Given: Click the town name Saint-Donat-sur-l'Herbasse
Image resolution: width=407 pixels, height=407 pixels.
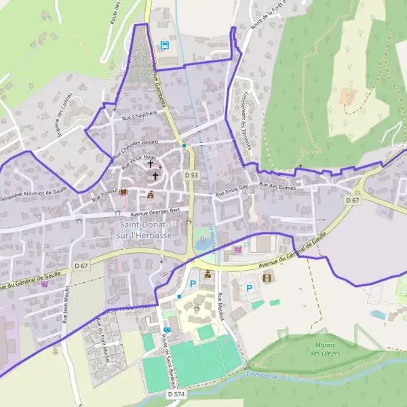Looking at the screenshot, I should click(146, 229).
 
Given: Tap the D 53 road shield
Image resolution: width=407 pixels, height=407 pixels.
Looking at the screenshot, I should click(192, 176).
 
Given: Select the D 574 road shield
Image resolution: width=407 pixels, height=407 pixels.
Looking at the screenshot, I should click(176, 393).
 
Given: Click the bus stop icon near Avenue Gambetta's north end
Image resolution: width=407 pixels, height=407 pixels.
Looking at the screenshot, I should click(165, 45).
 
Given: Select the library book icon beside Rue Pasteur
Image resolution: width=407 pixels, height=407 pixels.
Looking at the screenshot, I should click(123, 193).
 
